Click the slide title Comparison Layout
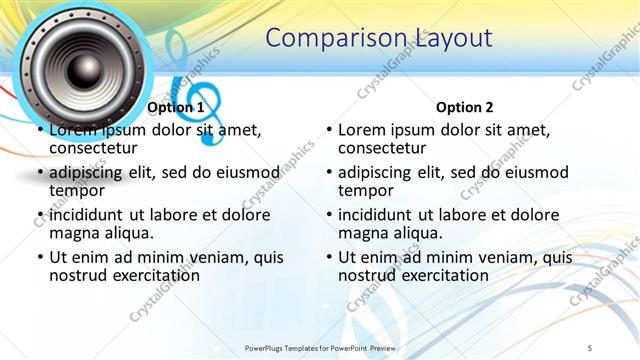[x=380, y=38]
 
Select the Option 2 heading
[x=465, y=107]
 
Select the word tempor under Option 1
[x=77, y=190]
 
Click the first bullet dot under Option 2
[x=329, y=131]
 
